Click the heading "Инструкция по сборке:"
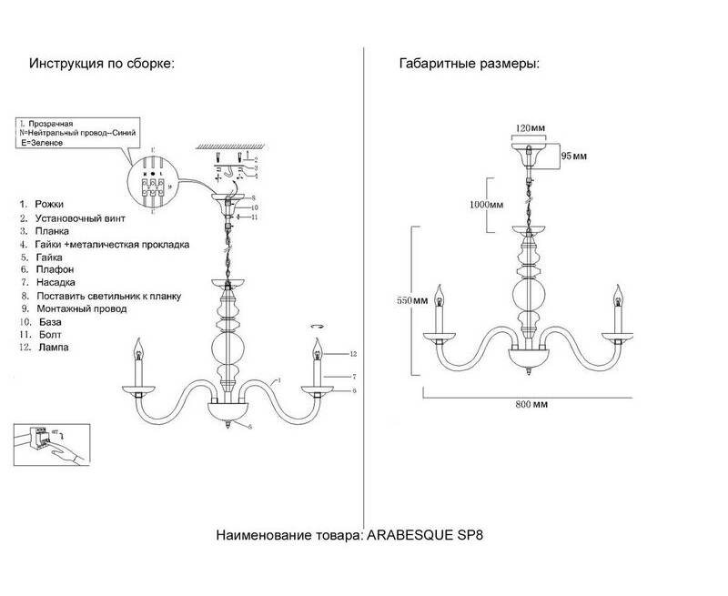click(101, 65)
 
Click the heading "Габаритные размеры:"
click(469, 65)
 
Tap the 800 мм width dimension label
click(527, 403)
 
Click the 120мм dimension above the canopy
click(528, 127)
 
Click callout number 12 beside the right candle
click(352, 353)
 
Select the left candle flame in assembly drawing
click(139, 347)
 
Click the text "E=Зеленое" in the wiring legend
click(44, 145)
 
